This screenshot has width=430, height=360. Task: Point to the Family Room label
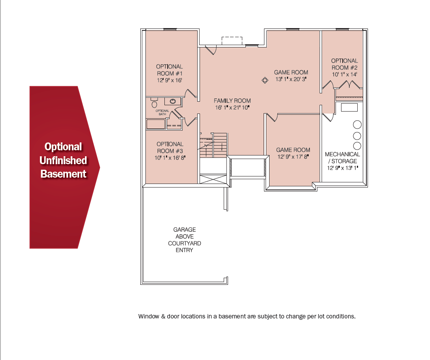pyautogui.click(x=232, y=101)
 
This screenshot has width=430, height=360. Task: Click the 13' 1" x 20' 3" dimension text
pyautogui.click(x=291, y=80)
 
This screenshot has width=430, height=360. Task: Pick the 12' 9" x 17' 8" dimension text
pyautogui.click(x=293, y=157)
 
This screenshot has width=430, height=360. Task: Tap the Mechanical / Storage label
pyautogui.click(x=343, y=157)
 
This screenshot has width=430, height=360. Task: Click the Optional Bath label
pyautogui.click(x=162, y=112)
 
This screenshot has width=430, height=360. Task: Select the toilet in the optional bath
pyautogui.click(x=155, y=103)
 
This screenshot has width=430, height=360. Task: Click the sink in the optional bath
pyautogui.click(x=173, y=101)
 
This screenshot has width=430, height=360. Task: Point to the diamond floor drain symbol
pyautogui.click(x=265, y=80)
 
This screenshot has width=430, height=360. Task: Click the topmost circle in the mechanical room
pyautogui.click(x=357, y=125)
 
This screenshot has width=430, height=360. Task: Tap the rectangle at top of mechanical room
pyautogui.click(x=349, y=107)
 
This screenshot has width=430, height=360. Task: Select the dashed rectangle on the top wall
pyautogui.click(x=232, y=41)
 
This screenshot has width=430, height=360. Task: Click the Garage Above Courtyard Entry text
pyautogui.click(x=185, y=240)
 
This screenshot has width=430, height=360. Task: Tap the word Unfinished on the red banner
pyautogui.click(x=63, y=160)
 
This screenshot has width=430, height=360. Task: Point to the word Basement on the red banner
pyautogui.click(x=63, y=174)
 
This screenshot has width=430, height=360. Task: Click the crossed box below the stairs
pyautogui.click(x=213, y=179)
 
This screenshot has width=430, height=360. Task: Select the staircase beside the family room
pyautogui.click(x=213, y=145)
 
